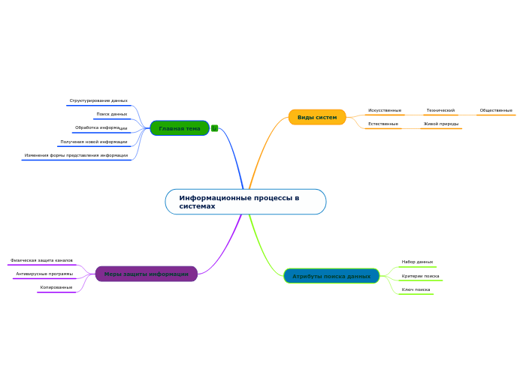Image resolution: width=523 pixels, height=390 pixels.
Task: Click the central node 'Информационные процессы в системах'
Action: [x=246, y=202]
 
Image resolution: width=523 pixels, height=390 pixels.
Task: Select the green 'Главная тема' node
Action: [x=180, y=128]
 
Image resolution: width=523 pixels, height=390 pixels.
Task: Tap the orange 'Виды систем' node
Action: [x=317, y=117]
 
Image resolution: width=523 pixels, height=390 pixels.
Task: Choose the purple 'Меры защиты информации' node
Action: [x=147, y=274]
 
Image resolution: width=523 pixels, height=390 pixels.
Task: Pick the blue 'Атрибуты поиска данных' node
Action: [x=331, y=276]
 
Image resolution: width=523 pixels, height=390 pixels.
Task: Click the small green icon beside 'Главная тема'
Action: [x=215, y=128]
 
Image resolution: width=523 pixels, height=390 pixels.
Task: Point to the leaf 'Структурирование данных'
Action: [x=98, y=100]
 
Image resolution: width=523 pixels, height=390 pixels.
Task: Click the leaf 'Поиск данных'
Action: [x=112, y=114]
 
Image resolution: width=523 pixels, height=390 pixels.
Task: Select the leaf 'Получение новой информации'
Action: [x=94, y=142]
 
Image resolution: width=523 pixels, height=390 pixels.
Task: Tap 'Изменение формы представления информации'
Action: [x=76, y=155]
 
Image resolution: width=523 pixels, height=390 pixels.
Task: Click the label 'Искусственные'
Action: [x=385, y=110]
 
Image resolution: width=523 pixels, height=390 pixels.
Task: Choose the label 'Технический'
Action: [x=440, y=110]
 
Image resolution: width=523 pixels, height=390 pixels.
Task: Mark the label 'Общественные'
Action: [x=496, y=110]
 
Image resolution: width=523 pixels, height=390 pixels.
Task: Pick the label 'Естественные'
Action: [x=383, y=124]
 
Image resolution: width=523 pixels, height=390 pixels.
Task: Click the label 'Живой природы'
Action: [x=441, y=124]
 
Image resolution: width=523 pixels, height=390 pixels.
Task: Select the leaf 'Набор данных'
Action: [x=417, y=262]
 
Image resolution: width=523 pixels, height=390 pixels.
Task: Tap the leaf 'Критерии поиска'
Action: [x=420, y=276]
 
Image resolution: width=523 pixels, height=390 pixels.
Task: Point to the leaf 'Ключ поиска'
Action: [x=416, y=289]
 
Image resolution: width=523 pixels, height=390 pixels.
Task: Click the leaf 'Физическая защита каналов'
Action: [x=41, y=260]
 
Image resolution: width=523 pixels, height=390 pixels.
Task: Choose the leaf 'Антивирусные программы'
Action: [x=44, y=274]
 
